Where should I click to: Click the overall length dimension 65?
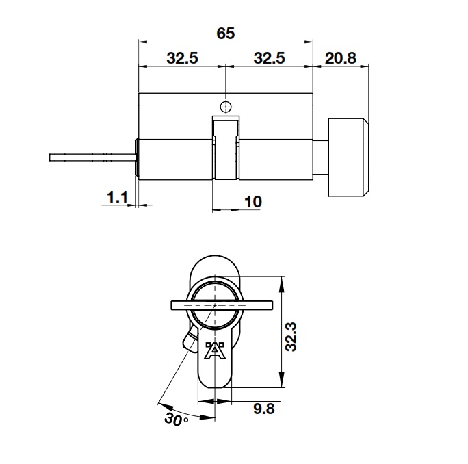point(225,33)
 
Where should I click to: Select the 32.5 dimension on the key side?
point(182,59)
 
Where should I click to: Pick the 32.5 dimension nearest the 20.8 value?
point(269,59)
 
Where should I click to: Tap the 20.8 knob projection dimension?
point(341,59)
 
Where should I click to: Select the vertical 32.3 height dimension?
point(291,333)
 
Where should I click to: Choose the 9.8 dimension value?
point(263,409)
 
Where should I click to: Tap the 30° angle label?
point(176,419)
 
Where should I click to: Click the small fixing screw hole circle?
point(225,107)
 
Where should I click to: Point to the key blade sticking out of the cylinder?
point(92,157)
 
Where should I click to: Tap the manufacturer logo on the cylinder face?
point(215,350)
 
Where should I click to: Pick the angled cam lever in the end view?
point(188,339)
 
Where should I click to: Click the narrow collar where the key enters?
point(138,157)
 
